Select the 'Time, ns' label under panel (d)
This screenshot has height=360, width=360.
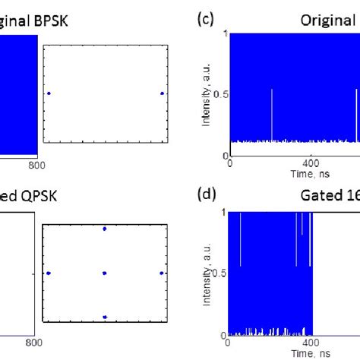click(312, 353)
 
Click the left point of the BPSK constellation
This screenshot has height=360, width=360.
click(49, 93)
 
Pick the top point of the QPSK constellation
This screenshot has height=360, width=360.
click(105, 228)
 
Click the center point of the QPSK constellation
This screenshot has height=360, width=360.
click(105, 273)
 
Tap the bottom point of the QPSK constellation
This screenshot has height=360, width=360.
click(105, 317)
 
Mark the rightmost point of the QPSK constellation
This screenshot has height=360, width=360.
click(162, 273)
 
